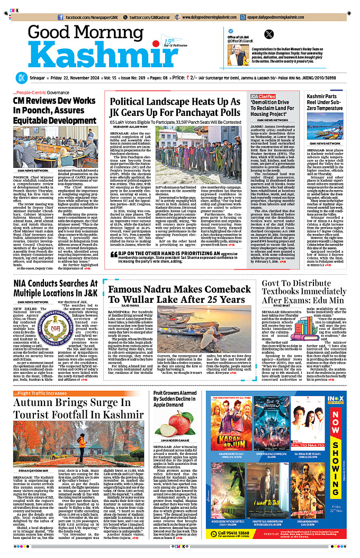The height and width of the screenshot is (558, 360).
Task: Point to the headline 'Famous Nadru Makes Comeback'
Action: coord(180,294)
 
